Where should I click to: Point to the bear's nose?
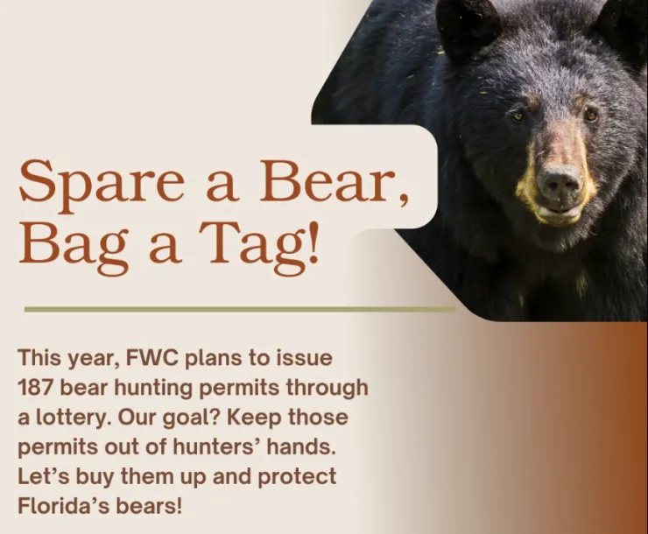(x=559, y=182)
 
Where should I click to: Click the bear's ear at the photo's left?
(x=467, y=26)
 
